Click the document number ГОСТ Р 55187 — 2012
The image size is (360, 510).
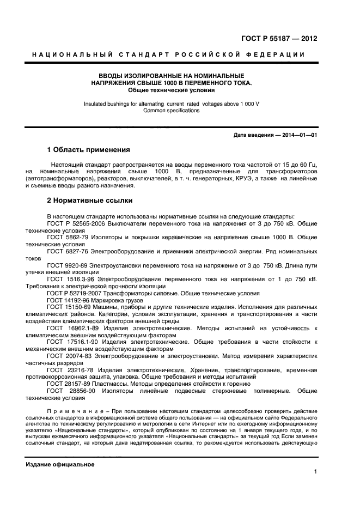[x=279, y=39]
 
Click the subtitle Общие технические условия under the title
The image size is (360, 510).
[x=171, y=90]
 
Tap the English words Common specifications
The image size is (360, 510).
[x=171, y=111]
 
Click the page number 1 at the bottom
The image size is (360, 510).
[x=315, y=472]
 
